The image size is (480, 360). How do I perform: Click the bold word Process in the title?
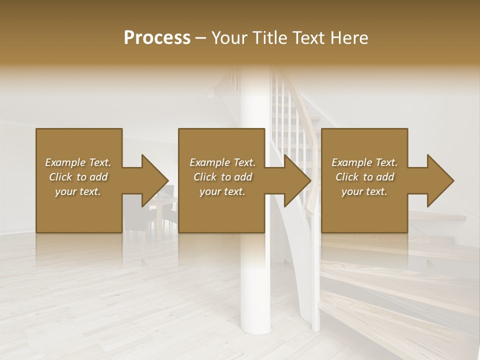157,38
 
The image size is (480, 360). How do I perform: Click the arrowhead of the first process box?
153,180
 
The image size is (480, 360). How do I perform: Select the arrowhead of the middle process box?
295,180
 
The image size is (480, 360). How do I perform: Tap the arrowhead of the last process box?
438,180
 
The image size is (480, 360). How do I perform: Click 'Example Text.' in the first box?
78,162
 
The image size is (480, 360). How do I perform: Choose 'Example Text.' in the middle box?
222,162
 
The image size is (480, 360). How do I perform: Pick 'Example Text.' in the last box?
364,162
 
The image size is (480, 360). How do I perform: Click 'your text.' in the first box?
78,191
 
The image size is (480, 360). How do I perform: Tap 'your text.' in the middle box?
222,191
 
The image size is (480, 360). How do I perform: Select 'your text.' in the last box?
364,191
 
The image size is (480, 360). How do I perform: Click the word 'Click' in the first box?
60,177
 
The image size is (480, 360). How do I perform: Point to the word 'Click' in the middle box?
205,177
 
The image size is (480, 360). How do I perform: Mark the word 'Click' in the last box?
347,177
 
